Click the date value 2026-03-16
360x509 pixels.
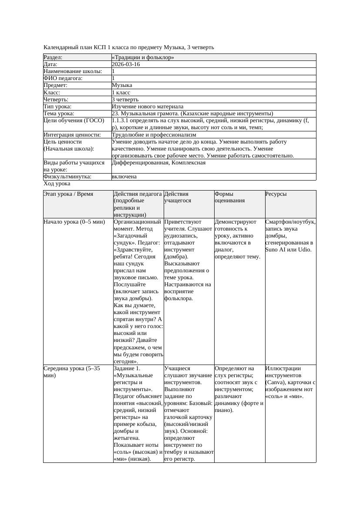[126, 64]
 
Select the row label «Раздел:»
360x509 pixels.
[53, 57]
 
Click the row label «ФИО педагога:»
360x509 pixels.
[63, 78]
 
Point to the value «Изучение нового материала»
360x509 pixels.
[148, 107]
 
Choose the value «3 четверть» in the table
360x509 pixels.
[125, 100]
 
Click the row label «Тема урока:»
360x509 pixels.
[59, 114]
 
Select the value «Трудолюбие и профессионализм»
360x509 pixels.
[154, 135]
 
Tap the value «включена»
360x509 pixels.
[124, 177]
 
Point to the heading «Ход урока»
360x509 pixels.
[57, 184]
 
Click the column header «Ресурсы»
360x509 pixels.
[276, 194]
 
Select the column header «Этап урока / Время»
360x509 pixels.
[68, 194]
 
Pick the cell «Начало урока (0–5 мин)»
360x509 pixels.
[74, 222]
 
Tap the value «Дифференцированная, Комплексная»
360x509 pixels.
[158, 163]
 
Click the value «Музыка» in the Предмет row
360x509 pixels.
[122, 85]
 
